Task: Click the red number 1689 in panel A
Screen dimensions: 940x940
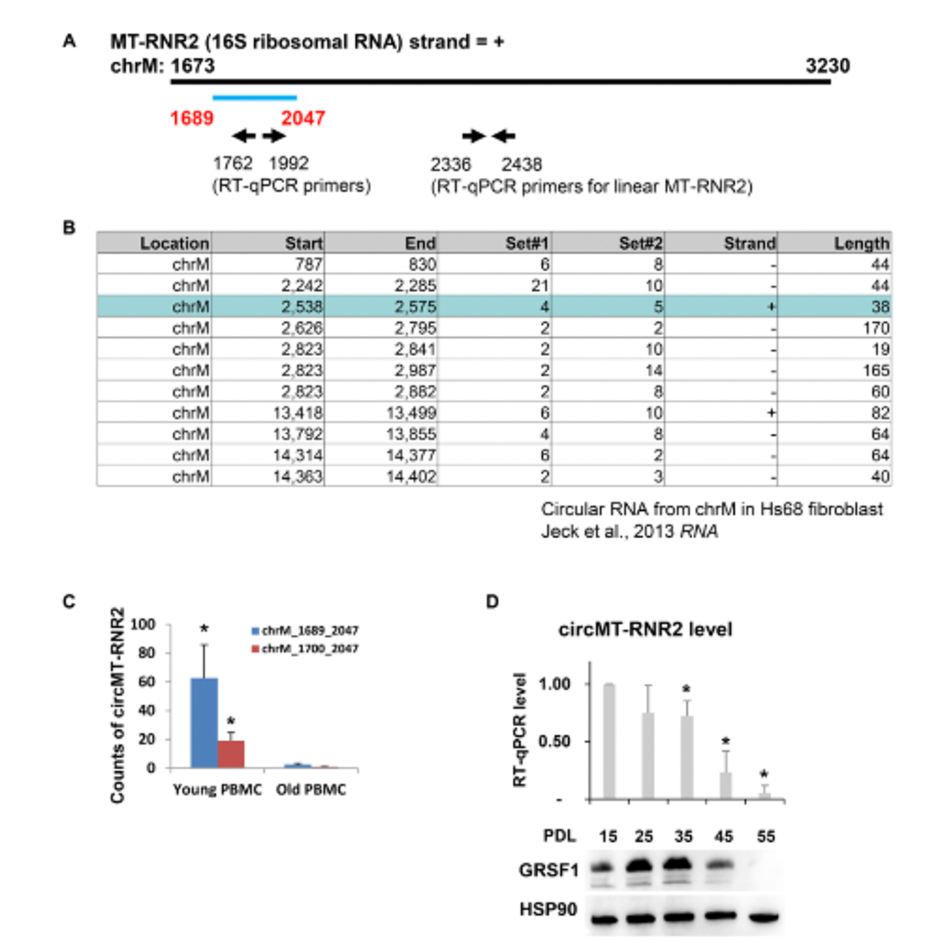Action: [192, 118]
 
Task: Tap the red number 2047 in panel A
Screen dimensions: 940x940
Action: [303, 118]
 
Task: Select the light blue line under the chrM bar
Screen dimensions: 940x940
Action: [254, 98]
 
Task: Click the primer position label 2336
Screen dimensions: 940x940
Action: [451, 165]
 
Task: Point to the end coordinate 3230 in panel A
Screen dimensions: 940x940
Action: [828, 66]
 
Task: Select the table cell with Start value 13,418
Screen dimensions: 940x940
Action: [297, 413]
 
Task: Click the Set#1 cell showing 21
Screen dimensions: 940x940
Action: [540, 285]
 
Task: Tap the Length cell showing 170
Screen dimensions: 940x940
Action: [876, 328]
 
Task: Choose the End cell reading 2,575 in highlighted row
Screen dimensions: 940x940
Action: [415, 306]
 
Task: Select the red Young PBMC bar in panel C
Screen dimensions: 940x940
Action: [231, 754]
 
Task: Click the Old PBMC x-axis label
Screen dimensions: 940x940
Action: [311, 789]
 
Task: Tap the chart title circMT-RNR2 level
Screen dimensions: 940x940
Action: [645, 629]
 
